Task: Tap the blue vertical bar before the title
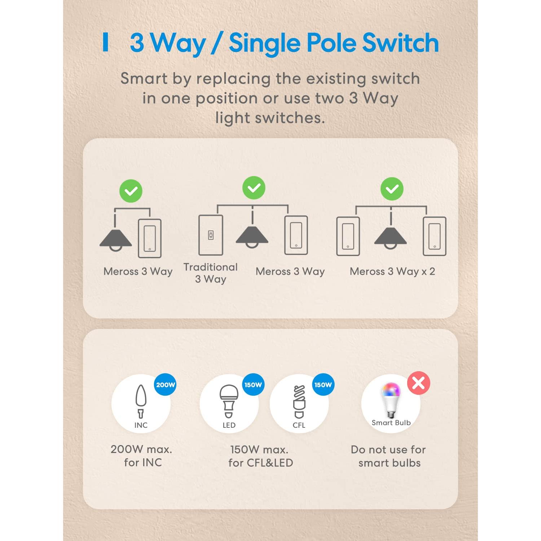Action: [106, 42]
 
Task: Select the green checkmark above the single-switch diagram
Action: [131, 191]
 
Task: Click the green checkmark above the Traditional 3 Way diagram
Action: [254, 188]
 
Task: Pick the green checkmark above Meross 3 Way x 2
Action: [392, 189]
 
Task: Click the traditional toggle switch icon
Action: [211, 235]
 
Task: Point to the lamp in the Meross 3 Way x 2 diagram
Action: [391, 237]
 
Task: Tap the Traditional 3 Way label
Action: [211, 273]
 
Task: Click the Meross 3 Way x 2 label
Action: [392, 271]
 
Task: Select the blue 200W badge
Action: [166, 385]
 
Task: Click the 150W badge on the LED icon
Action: [253, 385]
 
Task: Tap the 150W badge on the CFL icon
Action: [323, 385]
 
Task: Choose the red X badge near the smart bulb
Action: [419, 383]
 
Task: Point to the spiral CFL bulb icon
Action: [299, 401]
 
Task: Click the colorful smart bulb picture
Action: [391, 399]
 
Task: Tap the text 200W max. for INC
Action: [142, 456]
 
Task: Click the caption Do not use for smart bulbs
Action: [389, 456]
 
